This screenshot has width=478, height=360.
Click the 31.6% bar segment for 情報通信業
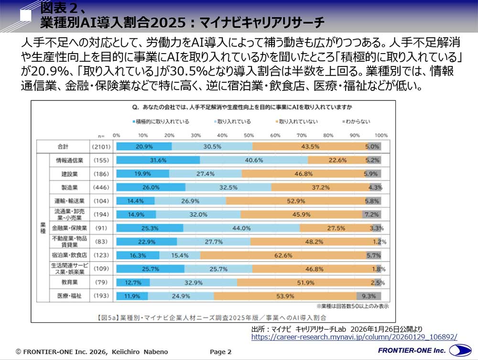[158, 160]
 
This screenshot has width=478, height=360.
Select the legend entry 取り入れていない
[296, 121]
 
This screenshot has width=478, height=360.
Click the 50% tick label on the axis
[249, 135]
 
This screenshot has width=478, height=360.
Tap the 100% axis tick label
[381, 135]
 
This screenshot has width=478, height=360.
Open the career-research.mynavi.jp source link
[354, 337]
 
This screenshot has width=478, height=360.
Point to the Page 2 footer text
[221, 351]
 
